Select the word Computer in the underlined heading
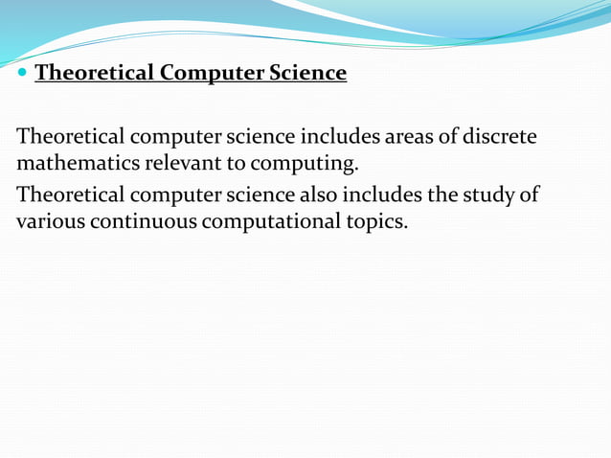coord(197,73)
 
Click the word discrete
coord(499,138)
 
